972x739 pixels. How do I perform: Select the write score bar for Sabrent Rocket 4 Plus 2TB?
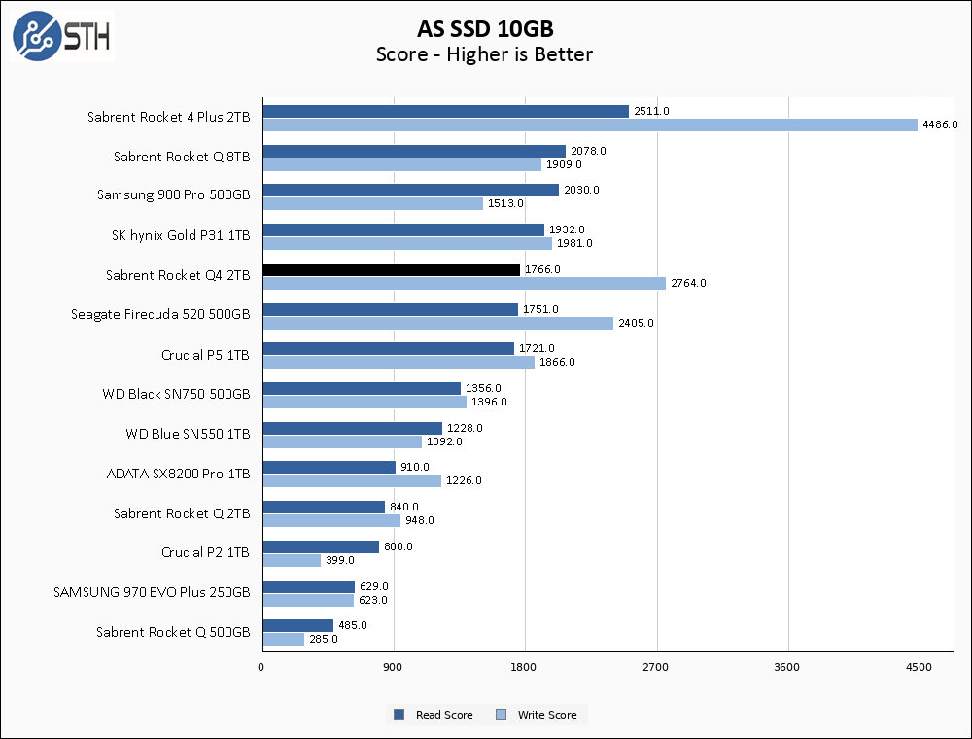(590, 124)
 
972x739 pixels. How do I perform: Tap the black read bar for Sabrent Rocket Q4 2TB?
(391, 269)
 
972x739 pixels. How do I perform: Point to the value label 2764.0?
(688, 283)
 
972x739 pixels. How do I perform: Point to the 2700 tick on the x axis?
(657, 667)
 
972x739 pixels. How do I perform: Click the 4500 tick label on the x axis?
(920, 667)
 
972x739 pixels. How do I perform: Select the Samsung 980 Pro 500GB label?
(173, 194)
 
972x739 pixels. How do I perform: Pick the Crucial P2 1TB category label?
(205, 552)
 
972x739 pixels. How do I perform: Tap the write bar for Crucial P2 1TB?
(292, 560)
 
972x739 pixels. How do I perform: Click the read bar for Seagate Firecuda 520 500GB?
(390, 309)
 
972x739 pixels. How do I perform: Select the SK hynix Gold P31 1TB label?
(181, 234)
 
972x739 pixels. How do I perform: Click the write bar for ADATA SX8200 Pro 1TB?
(352, 480)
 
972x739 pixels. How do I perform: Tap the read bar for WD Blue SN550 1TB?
(352, 428)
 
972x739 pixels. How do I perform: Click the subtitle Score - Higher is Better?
(484, 54)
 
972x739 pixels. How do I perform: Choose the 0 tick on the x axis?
(261, 667)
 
